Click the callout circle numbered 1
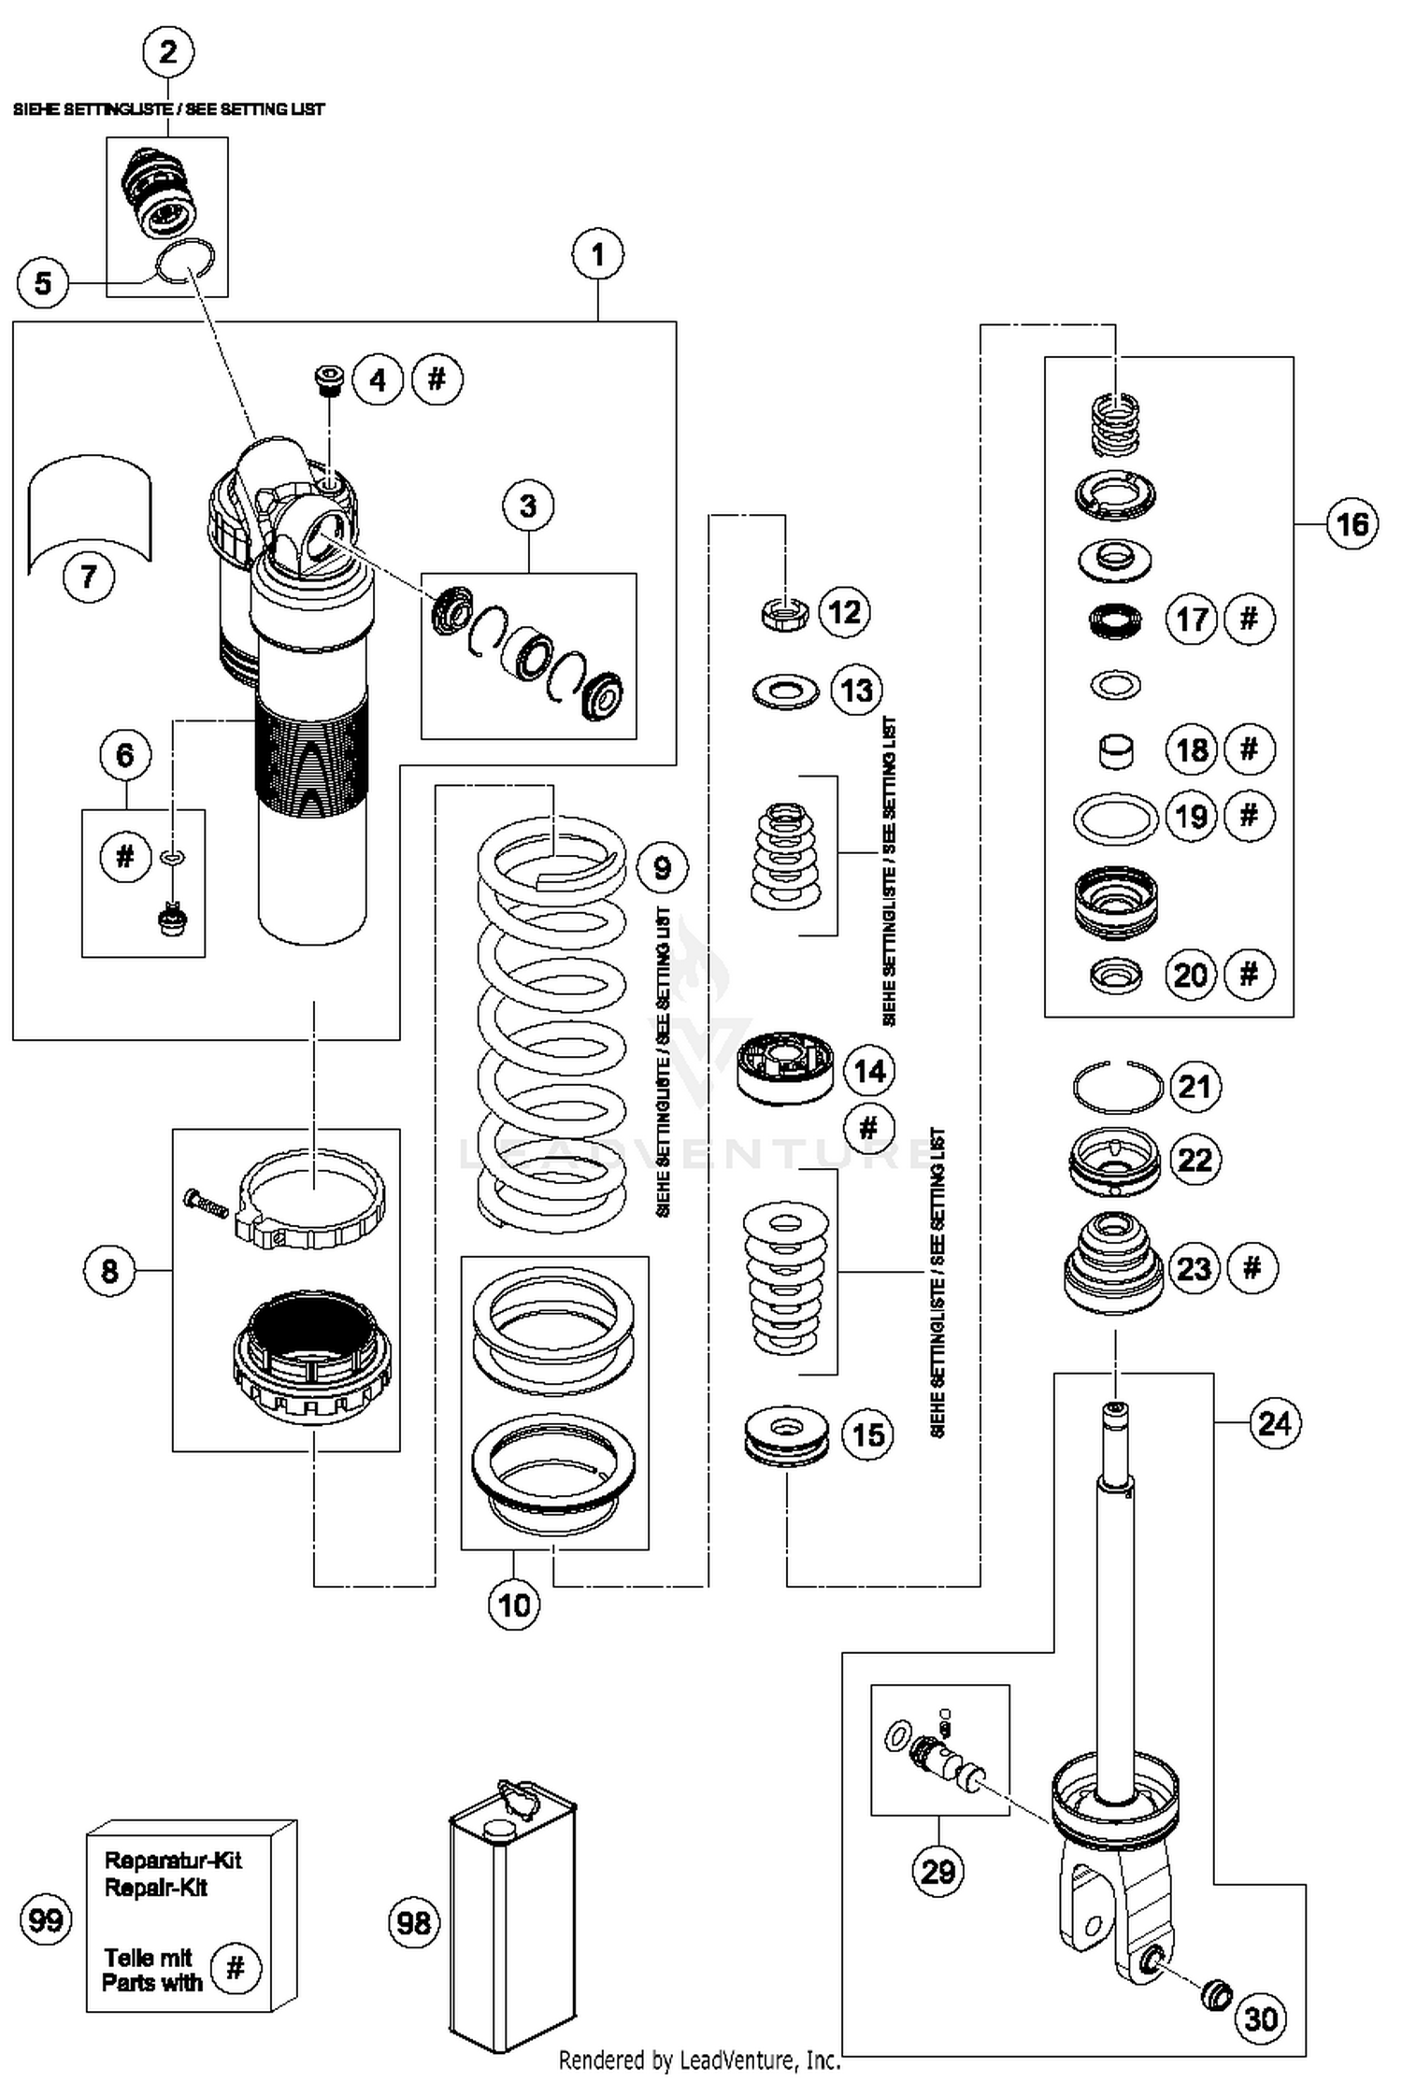[598, 254]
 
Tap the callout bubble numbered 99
[45, 1920]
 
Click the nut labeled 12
[784, 613]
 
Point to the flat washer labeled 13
[785, 692]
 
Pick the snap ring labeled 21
[1117, 1087]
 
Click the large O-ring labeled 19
[1114, 819]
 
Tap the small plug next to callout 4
[327, 379]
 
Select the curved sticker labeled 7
[90, 509]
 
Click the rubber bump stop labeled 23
[1113, 1266]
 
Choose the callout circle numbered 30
[1261, 2018]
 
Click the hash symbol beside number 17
[1249, 619]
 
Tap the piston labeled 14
[785, 1071]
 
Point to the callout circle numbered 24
[1275, 1423]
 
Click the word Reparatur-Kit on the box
[173, 1860]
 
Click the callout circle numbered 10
[514, 1605]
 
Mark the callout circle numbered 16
[1352, 524]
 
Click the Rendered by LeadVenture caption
[699, 2060]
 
